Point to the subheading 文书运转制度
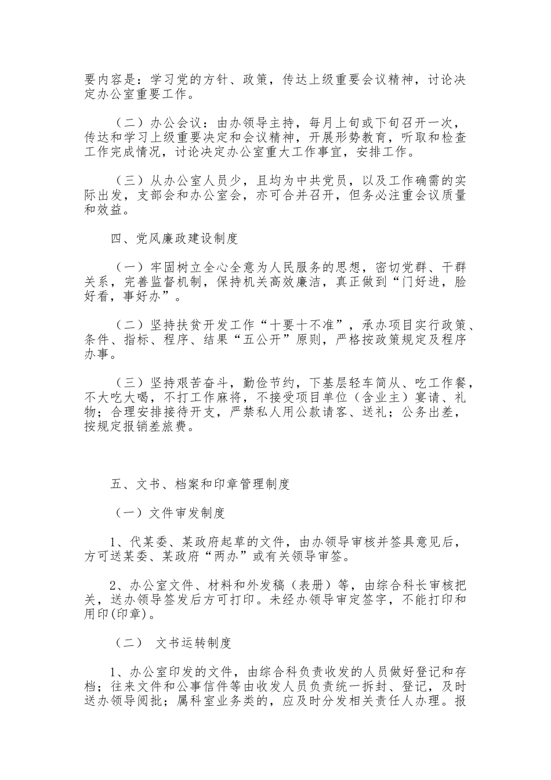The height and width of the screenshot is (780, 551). (x=194, y=643)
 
